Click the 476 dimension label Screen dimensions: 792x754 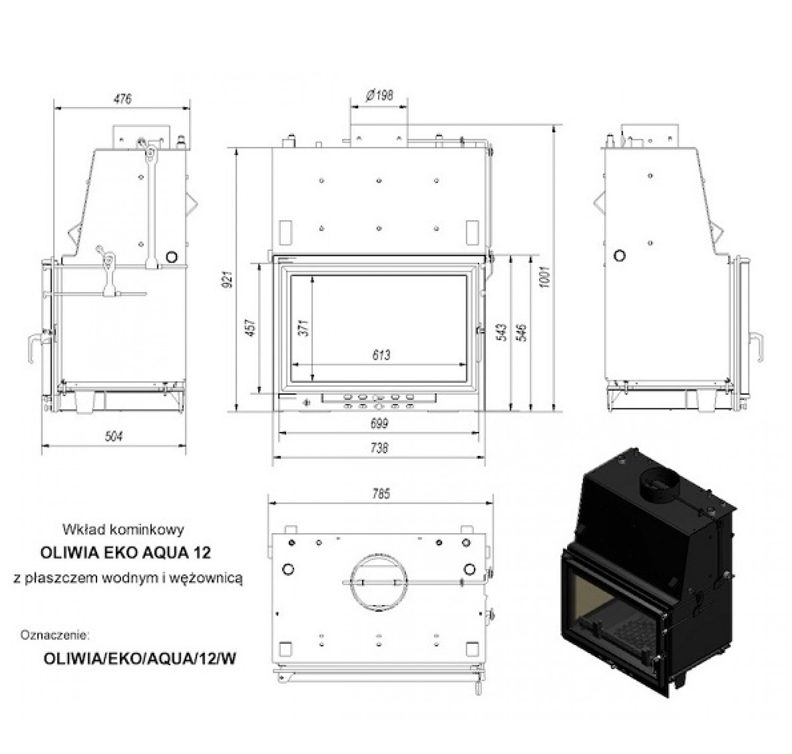(x=122, y=99)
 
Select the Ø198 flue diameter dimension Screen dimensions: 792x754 (x=379, y=96)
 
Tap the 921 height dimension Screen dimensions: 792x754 (x=229, y=279)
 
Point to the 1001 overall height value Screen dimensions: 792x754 (x=544, y=276)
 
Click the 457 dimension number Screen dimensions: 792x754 (x=251, y=328)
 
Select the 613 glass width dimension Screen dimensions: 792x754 (x=381, y=355)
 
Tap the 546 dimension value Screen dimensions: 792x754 (x=523, y=332)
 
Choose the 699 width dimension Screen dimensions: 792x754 (x=379, y=423)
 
